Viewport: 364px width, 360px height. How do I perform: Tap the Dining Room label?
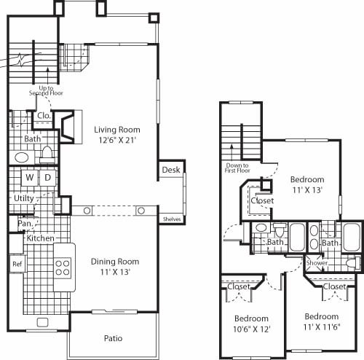(114, 261)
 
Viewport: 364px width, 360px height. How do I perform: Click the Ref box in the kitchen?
(16, 264)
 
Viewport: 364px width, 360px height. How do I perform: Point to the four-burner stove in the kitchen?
(63, 266)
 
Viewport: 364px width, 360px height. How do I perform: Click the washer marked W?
(29, 177)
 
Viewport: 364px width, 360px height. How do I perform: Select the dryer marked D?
(47, 177)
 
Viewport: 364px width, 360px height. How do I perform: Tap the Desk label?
(170, 170)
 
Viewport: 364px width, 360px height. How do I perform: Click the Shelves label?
(172, 219)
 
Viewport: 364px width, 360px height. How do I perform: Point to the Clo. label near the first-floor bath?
(43, 115)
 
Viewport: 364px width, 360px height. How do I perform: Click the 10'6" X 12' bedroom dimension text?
(251, 329)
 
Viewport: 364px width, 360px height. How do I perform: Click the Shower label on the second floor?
(317, 262)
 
